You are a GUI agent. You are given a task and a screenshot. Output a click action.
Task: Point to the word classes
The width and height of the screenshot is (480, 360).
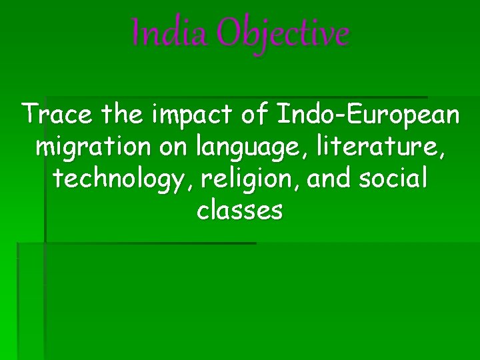click(240, 211)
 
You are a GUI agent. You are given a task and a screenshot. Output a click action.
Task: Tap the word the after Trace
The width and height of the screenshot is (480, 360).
click(122, 115)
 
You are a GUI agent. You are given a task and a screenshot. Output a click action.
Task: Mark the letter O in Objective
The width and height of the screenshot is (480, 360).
click(229, 33)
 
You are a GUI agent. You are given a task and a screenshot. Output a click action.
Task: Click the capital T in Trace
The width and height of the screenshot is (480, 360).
click(30, 115)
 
